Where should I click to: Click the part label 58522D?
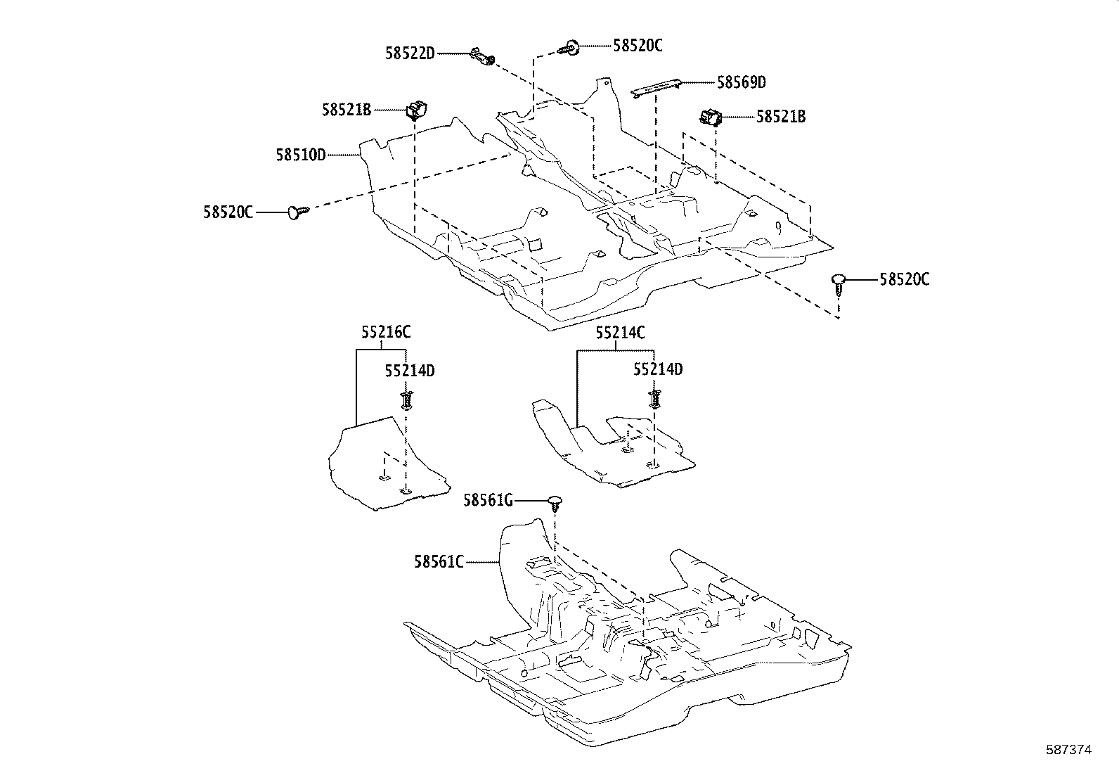tap(410, 53)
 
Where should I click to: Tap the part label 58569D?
tap(741, 82)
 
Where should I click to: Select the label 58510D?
tap(301, 155)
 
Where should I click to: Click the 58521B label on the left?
tap(347, 110)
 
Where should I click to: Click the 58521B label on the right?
tap(781, 117)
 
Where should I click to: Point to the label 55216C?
tap(386, 332)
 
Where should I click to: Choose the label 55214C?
tap(620, 333)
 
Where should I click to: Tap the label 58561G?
tap(488, 500)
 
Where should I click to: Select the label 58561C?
tap(439, 561)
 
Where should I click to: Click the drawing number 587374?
tap(1068, 750)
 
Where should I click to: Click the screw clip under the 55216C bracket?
tap(406, 400)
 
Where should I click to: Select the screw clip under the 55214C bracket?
tap(654, 399)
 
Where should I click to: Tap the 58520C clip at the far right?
tap(837, 281)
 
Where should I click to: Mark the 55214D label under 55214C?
tap(658, 369)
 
